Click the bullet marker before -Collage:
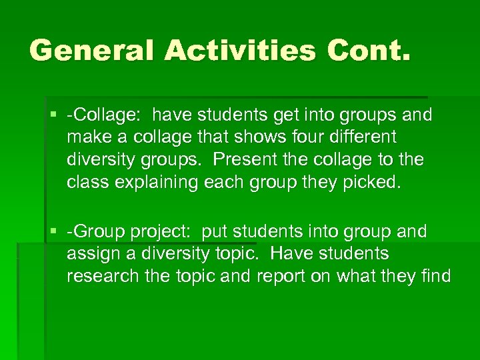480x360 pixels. [x=55, y=115]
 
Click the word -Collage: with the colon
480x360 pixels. [x=103, y=115]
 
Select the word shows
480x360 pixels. [x=257, y=137]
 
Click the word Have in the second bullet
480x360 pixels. [x=289, y=254]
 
